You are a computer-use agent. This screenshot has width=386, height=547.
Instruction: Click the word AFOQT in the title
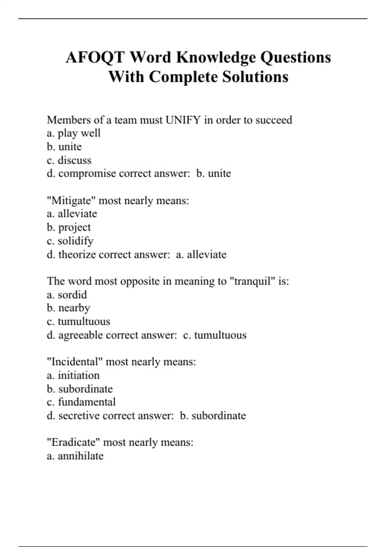tap(95, 58)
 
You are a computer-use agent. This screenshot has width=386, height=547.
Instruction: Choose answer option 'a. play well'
tap(74, 133)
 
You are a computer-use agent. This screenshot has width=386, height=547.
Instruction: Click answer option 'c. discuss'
tap(69, 160)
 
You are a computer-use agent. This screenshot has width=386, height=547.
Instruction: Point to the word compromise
tap(87, 174)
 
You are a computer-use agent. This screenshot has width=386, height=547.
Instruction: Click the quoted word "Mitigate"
tap(71, 201)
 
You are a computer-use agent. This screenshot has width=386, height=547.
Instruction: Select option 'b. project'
tap(69, 227)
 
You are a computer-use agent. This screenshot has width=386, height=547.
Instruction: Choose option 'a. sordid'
tap(67, 295)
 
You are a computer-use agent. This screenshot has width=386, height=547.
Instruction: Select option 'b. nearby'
tap(68, 308)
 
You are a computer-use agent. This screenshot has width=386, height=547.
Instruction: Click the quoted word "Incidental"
tap(75, 362)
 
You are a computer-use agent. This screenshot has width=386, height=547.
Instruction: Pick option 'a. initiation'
tap(73, 375)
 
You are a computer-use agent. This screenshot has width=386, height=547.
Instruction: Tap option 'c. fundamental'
tap(81, 402)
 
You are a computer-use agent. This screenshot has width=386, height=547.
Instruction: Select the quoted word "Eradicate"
tap(74, 442)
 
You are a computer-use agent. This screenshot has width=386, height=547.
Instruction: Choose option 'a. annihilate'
tap(75, 456)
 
